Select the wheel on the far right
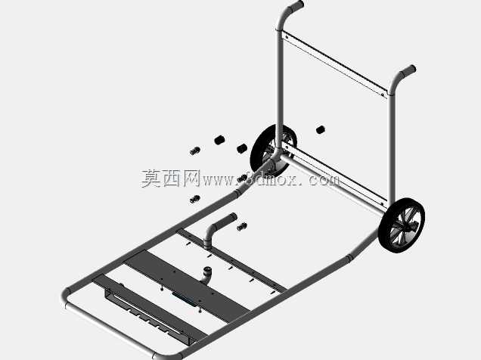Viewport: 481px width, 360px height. (402, 225)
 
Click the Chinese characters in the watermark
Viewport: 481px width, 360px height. (171, 178)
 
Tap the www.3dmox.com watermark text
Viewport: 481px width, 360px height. (271, 179)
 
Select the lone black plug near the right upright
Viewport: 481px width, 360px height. (321, 129)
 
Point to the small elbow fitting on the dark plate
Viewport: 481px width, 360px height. (206, 275)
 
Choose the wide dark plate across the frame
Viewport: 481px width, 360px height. (188, 286)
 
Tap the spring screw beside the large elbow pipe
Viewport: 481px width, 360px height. (242, 227)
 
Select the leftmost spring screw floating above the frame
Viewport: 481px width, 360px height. (195, 151)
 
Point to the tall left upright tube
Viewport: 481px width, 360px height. (279, 89)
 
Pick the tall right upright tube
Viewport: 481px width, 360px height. (391, 147)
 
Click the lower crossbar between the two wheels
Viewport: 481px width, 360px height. (333, 181)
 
